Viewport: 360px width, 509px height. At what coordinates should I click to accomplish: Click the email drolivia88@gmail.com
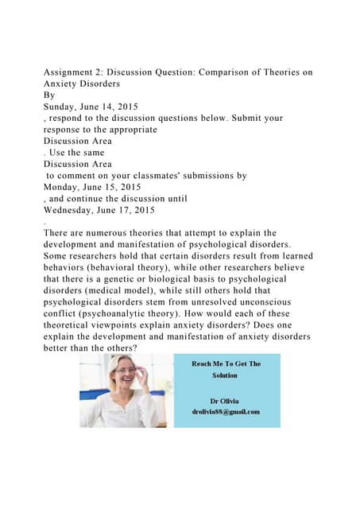pyautogui.click(x=226, y=411)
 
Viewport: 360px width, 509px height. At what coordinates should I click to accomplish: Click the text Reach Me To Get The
pyautogui.click(x=226, y=363)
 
